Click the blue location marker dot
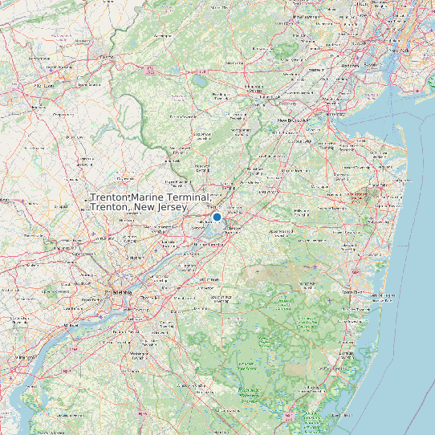tap(217, 217)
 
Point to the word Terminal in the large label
tap(189, 197)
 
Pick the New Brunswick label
tap(294, 120)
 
